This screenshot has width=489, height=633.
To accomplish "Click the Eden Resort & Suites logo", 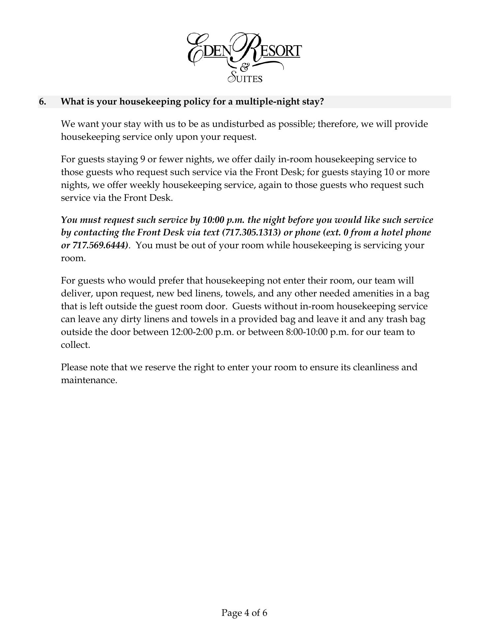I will click(244, 57).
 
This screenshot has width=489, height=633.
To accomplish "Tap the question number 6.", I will click(43, 102).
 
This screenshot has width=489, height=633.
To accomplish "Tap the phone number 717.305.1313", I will click(252, 232).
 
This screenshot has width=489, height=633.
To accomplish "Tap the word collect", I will click(75, 345).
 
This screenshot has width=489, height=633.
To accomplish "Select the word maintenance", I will click(89, 380).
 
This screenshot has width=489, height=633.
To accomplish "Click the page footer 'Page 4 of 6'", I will click(244, 613).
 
